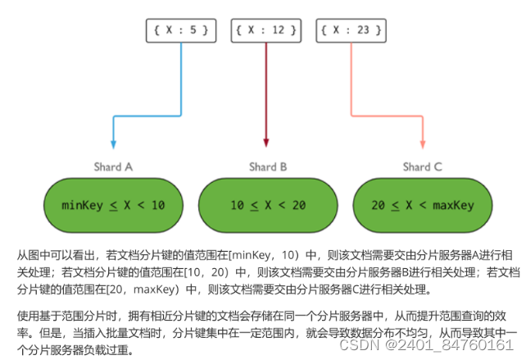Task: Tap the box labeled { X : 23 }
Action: [351, 31]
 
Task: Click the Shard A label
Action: [113, 166]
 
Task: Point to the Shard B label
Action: [267, 166]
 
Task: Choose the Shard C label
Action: [422, 166]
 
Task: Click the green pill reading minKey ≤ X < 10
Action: [113, 203]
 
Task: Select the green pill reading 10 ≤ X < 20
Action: [267, 203]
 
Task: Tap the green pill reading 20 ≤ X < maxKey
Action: [423, 203]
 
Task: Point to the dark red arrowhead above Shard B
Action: [266, 144]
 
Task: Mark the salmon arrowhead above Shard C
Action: [421, 144]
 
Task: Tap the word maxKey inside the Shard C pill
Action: [454, 204]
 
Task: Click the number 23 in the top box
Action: [363, 31]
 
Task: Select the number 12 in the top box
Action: [277, 31]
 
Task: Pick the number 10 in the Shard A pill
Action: [156, 204]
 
